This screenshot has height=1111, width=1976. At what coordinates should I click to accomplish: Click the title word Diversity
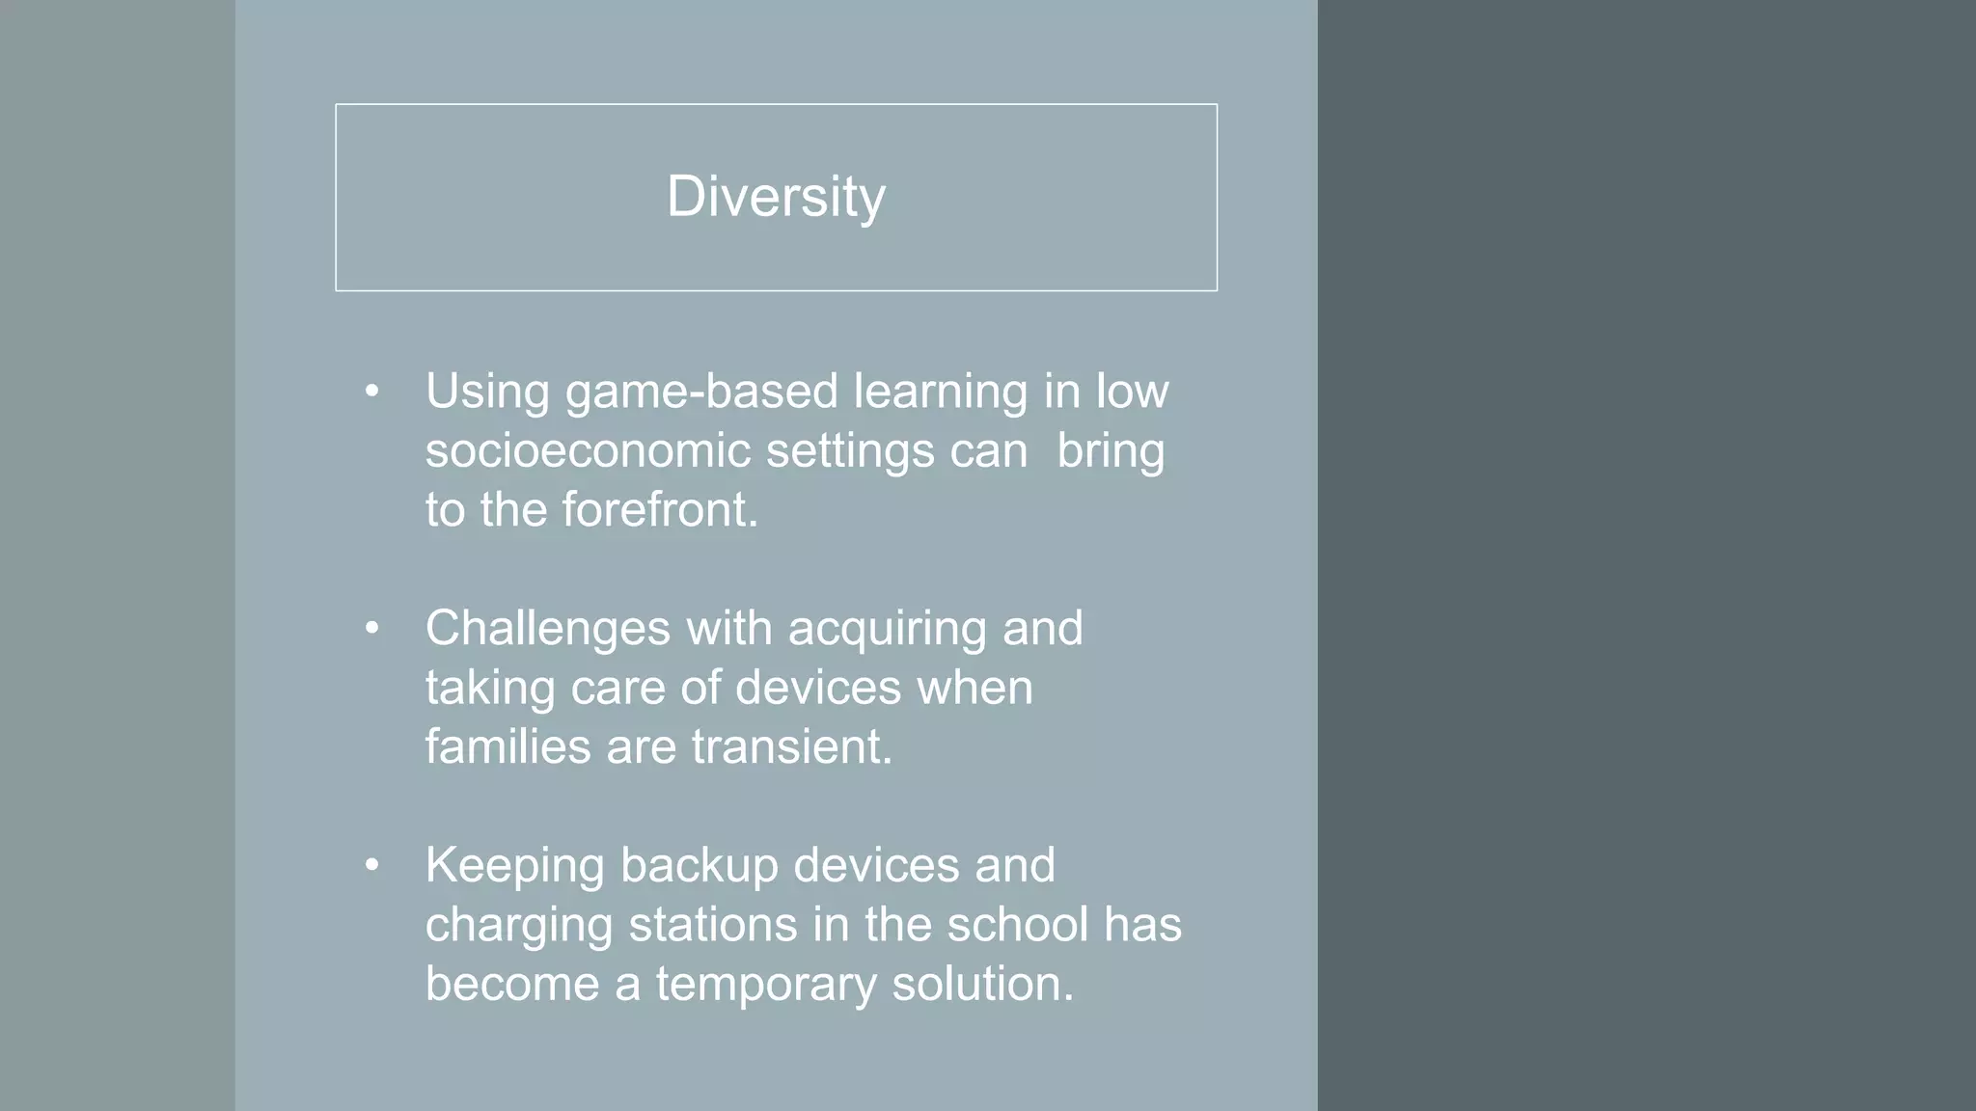point(776,198)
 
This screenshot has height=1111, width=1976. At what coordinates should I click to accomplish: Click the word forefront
point(660,510)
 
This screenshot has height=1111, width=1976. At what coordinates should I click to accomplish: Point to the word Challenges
point(547,629)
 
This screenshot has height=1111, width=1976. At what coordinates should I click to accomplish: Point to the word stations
point(713,925)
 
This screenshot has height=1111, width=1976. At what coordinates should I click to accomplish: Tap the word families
point(508,747)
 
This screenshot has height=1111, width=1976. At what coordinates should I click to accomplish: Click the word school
point(1017,925)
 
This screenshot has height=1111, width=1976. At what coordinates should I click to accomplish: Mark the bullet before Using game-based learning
point(372,392)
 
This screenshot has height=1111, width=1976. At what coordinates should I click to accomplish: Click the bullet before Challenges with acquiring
point(372,629)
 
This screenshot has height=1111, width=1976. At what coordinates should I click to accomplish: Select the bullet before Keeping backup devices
point(372,866)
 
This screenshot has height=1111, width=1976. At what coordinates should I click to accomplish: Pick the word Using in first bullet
point(487,393)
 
